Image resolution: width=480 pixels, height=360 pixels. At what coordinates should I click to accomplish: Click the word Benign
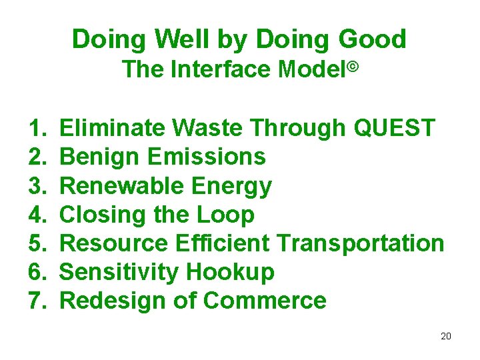pos(99,157)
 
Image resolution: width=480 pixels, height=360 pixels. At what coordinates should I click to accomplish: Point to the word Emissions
pos(206,157)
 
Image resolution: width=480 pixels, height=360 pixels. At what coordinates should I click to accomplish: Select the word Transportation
pos(361,243)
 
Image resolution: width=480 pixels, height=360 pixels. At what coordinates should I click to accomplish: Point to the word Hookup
pos(230,273)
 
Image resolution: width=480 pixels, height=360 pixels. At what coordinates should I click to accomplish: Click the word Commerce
pos(265,301)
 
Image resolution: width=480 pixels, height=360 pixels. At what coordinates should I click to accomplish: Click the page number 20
pos(446,336)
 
